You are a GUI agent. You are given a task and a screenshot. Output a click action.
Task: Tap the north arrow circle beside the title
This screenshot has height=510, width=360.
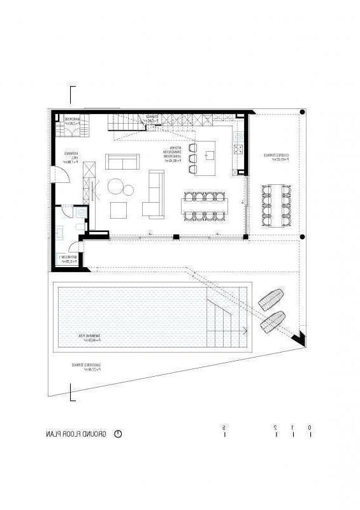tap(117, 433)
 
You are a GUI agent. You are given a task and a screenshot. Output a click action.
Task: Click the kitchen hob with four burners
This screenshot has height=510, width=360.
tap(238, 150)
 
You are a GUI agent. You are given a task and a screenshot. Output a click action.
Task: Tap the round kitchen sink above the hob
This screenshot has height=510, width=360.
tap(238, 135)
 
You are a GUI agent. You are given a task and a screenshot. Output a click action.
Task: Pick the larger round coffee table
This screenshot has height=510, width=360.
tap(117, 187)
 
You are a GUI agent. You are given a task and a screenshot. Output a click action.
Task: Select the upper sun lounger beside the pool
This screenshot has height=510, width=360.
tap(271, 300)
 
